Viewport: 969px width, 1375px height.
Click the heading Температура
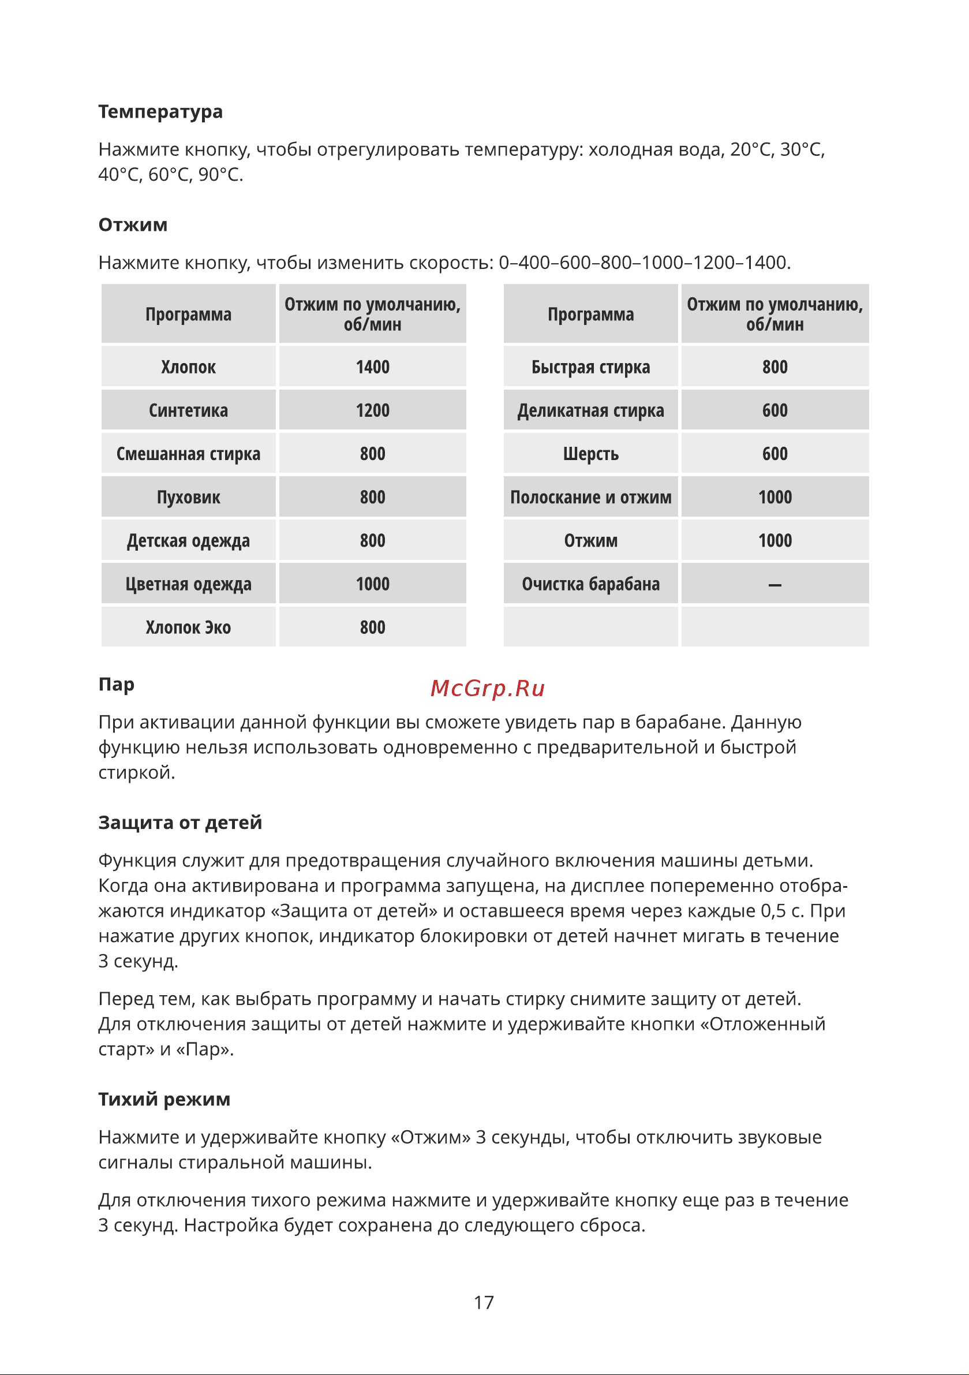point(160,112)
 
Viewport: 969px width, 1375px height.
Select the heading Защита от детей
point(180,823)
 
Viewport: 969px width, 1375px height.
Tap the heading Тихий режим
point(164,1100)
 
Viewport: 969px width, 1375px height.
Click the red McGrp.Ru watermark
point(488,689)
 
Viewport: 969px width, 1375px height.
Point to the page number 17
point(484,1302)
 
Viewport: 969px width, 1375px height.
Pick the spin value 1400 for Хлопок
point(372,367)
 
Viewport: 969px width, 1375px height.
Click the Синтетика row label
point(188,411)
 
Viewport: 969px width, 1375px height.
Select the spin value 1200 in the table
point(372,411)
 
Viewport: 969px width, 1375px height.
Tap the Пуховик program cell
point(188,498)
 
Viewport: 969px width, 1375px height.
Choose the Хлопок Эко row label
point(188,627)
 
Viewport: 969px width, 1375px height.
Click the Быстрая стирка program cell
point(590,367)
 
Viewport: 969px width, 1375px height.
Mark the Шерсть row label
point(590,454)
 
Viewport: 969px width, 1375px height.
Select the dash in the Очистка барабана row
point(775,585)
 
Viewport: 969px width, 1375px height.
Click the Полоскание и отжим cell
point(590,498)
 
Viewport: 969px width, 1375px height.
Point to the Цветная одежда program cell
point(188,585)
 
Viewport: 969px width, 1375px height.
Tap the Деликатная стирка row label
point(590,411)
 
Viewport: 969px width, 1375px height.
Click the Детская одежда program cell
point(188,541)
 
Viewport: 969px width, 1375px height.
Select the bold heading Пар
point(116,685)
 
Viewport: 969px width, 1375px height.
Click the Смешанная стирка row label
point(188,454)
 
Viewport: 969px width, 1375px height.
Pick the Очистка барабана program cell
point(590,585)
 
